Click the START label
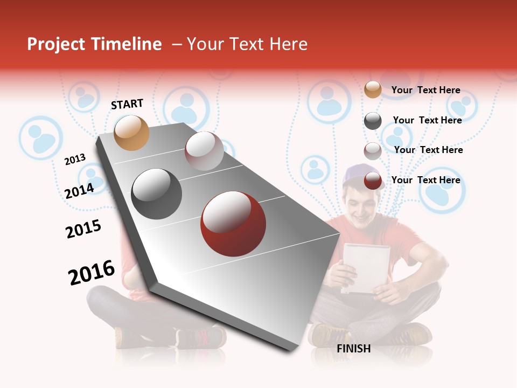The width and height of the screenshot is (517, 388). click(x=127, y=104)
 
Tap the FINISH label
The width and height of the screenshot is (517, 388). click(x=353, y=349)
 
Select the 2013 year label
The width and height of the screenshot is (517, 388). click(x=75, y=160)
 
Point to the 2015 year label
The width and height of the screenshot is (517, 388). click(x=83, y=229)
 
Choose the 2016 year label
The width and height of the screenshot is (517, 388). click(x=92, y=273)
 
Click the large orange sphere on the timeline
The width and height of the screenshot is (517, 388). click(x=132, y=133)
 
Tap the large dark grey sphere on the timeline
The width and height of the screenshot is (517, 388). click(x=157, y=194)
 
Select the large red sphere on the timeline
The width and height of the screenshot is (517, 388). click(x=233, y=224)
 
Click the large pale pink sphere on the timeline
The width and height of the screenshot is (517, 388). click(x=204, y=151)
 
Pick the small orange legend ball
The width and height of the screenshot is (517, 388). click(x=373, y=89)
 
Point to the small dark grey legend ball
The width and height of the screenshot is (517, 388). click(x=373, y=121)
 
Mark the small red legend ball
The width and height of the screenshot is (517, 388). click(x=373, y=181)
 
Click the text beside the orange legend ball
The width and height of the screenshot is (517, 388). click(x=425, y=90)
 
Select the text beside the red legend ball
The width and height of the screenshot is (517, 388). click(x=425, y=180)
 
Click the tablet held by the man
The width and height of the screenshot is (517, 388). click(x=366, y=268)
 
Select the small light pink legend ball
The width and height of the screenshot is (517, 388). click(x=373, y=151)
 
